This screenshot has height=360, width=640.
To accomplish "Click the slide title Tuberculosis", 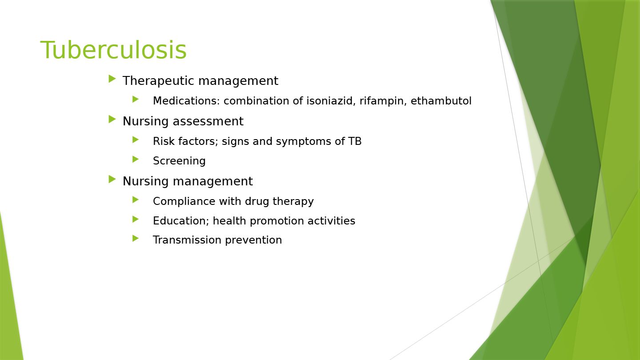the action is tap(113, 50).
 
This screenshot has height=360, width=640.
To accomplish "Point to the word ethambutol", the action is tap(441, 100).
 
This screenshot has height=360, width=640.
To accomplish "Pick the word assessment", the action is tap(208, 121).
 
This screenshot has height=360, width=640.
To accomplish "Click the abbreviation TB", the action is tap(355, 141).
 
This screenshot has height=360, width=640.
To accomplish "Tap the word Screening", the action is tap(179, 161).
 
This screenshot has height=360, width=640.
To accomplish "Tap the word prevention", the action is tap(253, 240).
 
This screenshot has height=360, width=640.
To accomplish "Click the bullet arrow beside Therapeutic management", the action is tap(112, 79).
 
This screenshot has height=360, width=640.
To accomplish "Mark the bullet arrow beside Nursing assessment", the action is tap(112, 120).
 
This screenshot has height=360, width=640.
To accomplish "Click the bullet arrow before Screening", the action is tap(136, 160).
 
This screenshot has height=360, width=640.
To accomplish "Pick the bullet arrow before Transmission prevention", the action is tap(136, 239).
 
